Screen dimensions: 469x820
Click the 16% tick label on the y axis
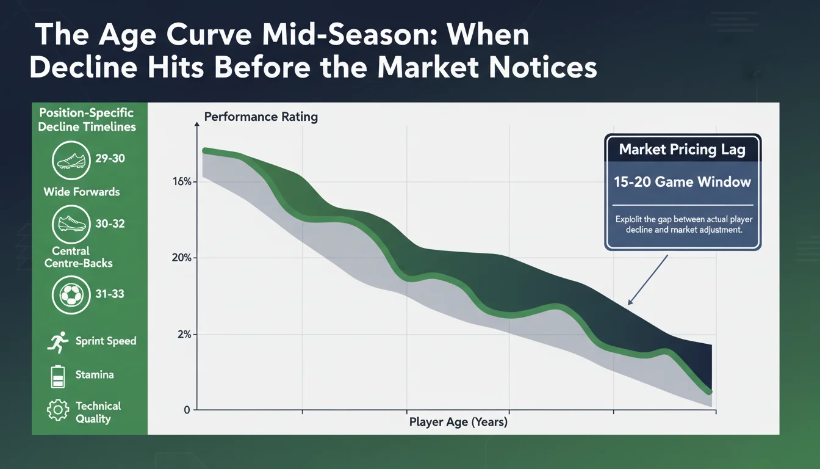[182, 182]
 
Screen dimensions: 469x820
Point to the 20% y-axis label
[182, 258]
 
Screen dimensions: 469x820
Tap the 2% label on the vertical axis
[184, 335]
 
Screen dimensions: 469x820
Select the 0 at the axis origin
[187, 410]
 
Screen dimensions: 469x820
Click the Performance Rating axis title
[261, 117]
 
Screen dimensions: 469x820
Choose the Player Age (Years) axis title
[458, 422]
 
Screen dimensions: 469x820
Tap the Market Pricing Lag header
[682, 150]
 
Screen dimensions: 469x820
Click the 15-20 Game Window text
[682, 182]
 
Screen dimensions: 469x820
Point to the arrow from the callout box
[647, 280]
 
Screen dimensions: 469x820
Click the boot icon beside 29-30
[71, 159]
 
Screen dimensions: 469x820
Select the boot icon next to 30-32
[71, 224]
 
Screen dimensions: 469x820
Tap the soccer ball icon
[71, 294]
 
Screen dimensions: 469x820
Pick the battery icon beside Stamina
[57, 376]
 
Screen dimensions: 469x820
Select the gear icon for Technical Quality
[57, 410]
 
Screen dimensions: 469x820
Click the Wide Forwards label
[82, 192]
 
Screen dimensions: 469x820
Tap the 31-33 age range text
[110, 294]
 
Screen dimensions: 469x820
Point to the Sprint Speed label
[106, 341]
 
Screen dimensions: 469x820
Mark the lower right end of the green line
[708, 391]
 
